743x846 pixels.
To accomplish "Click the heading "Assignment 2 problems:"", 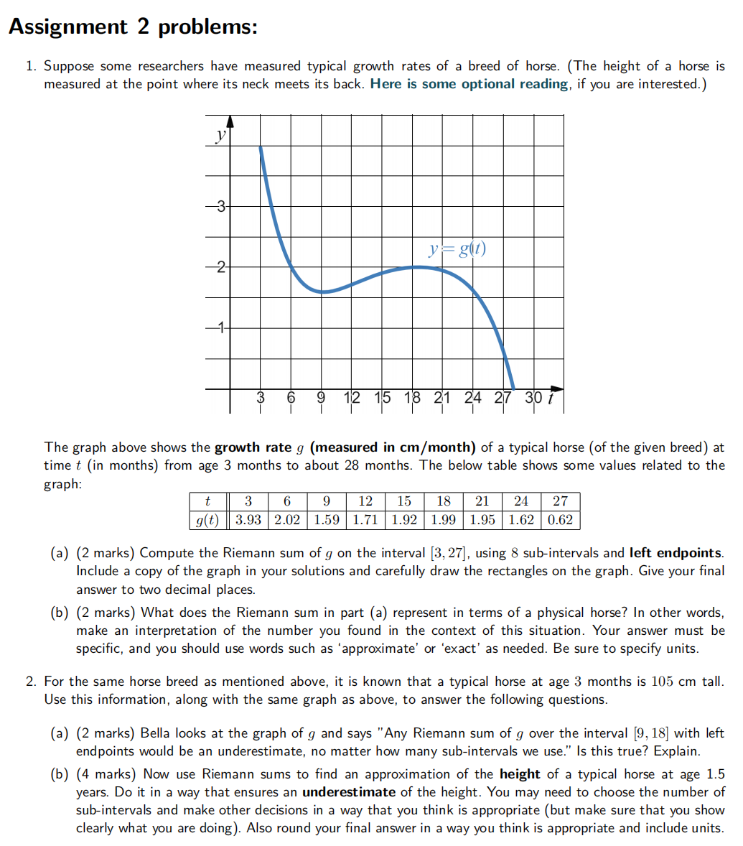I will [x=132, y=27].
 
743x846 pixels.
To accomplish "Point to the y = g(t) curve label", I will [x=457, y=249].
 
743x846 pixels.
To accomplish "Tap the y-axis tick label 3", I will [x=222, y=207].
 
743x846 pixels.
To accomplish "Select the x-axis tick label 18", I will [x=413, y=398].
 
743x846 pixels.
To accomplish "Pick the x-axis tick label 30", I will [x=533, y=398].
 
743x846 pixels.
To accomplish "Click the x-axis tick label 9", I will [x=321, y=398].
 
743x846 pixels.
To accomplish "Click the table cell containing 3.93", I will [x=248, y=520].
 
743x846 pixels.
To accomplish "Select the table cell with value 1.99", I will [x=444, y=520].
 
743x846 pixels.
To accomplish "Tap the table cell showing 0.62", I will [x=560, y=520].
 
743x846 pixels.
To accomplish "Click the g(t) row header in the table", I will [x=207, y=520].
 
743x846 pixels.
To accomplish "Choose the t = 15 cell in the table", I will [x=404, y=501].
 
